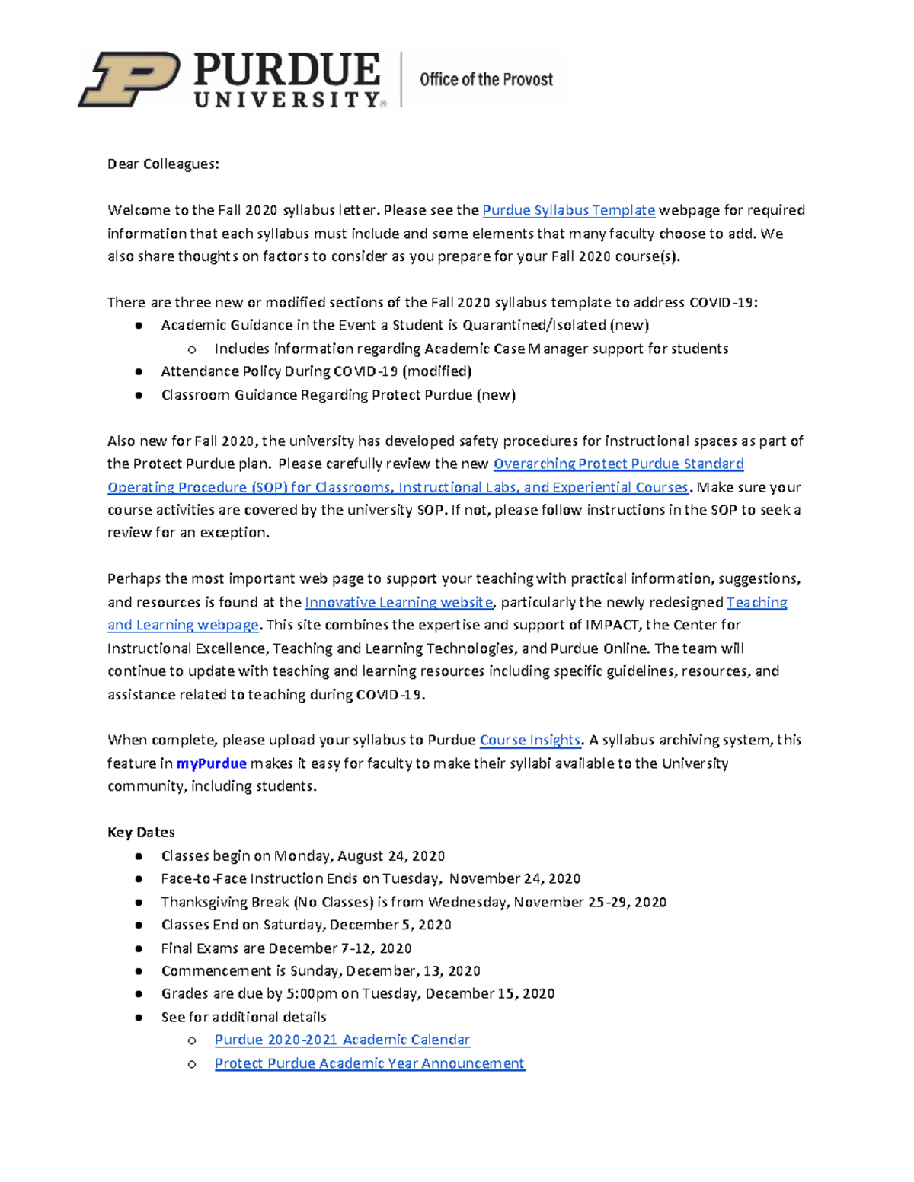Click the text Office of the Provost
(486, 79)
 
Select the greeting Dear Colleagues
(163, 164)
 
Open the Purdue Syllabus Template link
(568, 210)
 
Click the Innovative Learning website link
(398, 602)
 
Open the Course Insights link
(529, 740)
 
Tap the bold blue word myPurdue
(211, 763)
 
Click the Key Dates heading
(141, 832)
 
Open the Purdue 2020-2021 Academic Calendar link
(342, 1040)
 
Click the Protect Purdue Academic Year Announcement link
(369, 1063)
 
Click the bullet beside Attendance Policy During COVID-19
(139, 371)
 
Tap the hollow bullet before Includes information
(192, 349)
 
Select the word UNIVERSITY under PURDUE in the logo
(286, 100)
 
